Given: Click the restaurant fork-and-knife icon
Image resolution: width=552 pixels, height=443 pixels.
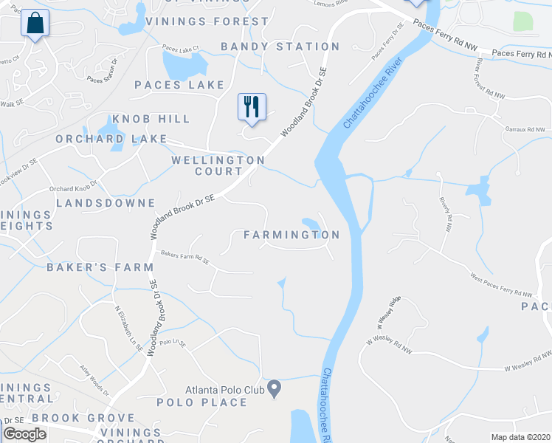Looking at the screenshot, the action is click(x=252, y=107).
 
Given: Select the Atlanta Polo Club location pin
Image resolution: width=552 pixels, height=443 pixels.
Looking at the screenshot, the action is click(x=274, y=388).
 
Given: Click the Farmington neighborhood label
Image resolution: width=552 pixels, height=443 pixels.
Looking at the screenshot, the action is click(x=291, y=235).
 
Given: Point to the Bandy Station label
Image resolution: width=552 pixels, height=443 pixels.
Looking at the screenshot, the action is click(x=280, y=47).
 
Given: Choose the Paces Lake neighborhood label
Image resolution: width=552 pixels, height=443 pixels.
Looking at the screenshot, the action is click(x=179, y=85).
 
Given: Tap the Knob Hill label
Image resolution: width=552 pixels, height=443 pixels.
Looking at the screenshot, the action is click(x=151, y=119).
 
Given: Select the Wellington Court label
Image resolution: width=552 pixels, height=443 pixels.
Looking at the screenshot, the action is click(x=218, y=165).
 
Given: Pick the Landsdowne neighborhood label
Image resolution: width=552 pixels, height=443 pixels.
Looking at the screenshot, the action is click(x=106, y=202).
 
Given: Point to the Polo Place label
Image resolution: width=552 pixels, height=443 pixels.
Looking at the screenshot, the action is click(x=201, y=402).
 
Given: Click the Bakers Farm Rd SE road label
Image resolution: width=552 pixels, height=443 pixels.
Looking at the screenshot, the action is click(x=185, y=258).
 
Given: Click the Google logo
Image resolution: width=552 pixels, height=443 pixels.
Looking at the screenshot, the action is click(x=24, y=435).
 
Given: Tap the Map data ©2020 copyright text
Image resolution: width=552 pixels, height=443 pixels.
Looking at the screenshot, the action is click(x=521, y=437).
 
